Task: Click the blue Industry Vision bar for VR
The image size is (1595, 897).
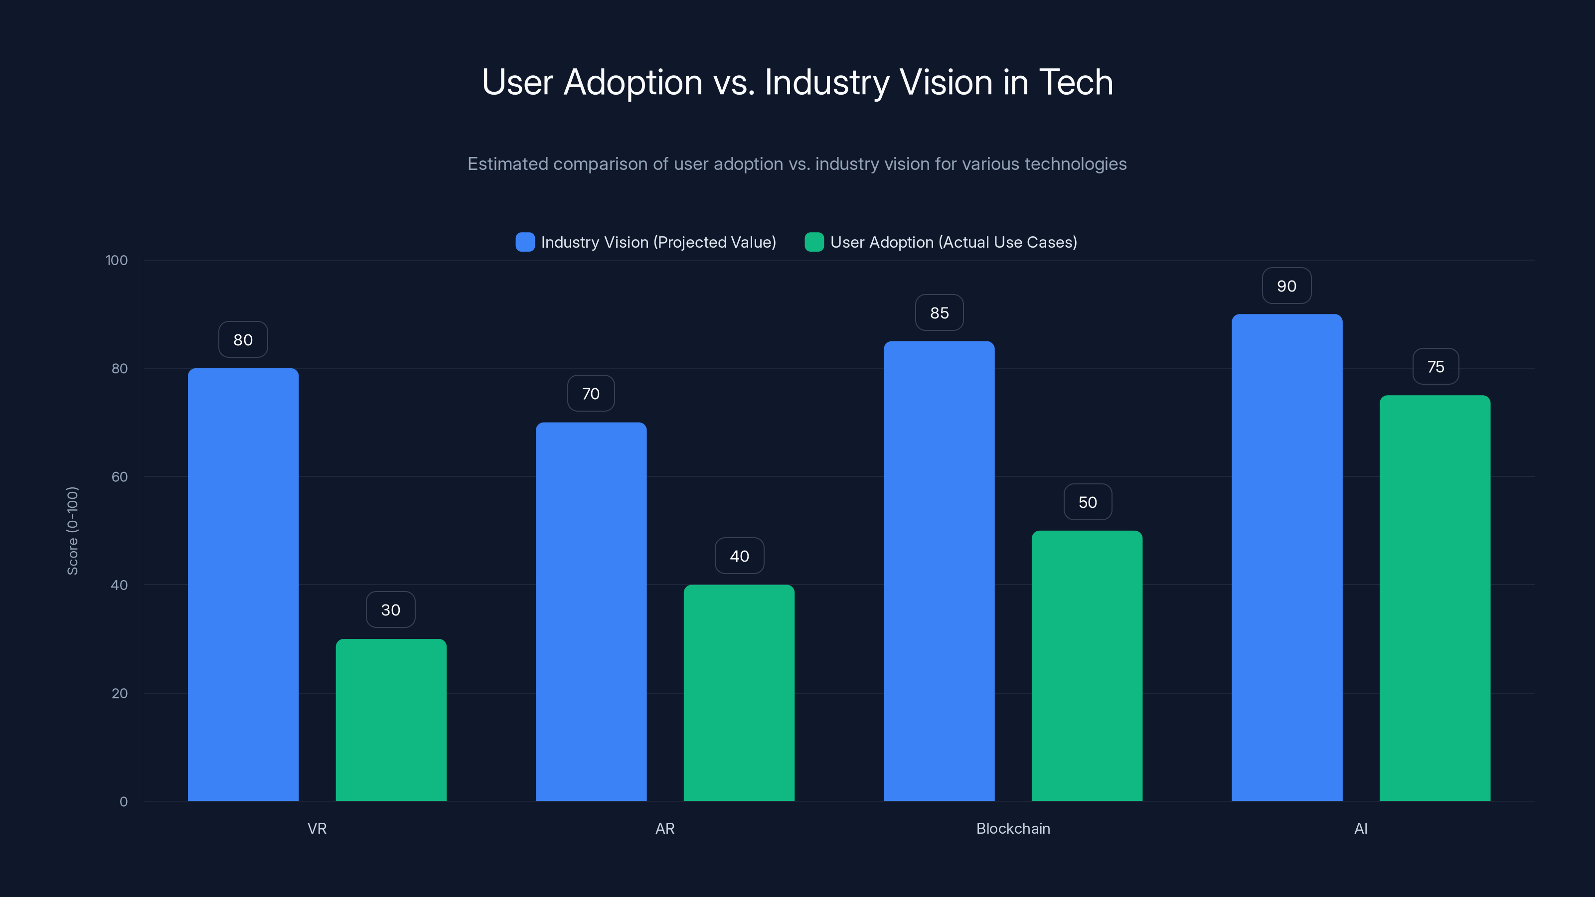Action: pyautogui.click(x=243, y=585)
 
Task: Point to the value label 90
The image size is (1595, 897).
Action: pyautogui.click(x=1286, y=286)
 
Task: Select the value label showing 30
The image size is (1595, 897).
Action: pyautogui.click(x=391, y=610)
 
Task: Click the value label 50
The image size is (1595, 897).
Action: pyautogui.click(x=1087, y=502)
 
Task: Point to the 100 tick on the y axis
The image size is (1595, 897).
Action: pyautogui.click(x=117, y=260)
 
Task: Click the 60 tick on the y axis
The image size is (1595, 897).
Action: pyautogui.click(x=120, y=477)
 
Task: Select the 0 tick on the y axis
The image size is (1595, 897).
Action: pyautogui.click(x=123, y=802)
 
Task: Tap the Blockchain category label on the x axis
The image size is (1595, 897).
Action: pyautogui.click(x=1013, y=828)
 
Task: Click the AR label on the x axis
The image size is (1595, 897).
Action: pyautogui.click(x=665, y=828)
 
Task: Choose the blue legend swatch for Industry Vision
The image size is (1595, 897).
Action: pyautogui.click(x=525, y=242)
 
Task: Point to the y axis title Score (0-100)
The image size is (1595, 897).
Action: pyautogui.click(x=72, y=531)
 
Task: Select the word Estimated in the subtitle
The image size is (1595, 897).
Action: pyautogui.click(x=508, y=163)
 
